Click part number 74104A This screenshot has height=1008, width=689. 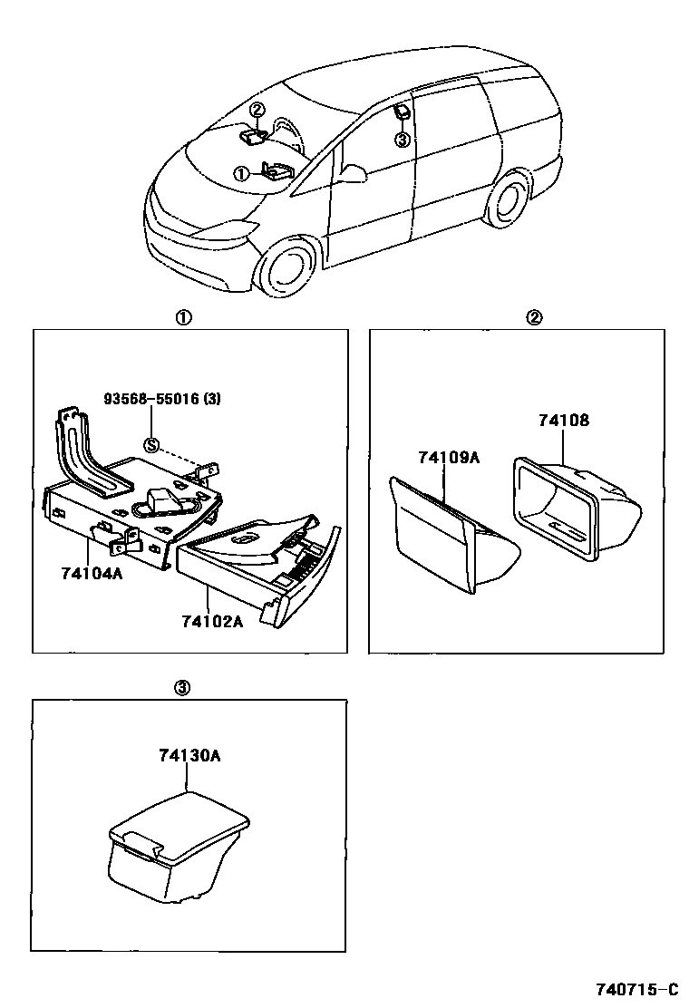(92, 573)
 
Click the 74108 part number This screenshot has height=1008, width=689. (563, 421)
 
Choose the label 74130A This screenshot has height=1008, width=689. (190, 755)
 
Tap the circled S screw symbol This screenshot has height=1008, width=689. (151, 444)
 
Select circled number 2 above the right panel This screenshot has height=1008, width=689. (535, 317)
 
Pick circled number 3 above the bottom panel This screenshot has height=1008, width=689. (181, 688)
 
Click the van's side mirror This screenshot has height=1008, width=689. (354, 173)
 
